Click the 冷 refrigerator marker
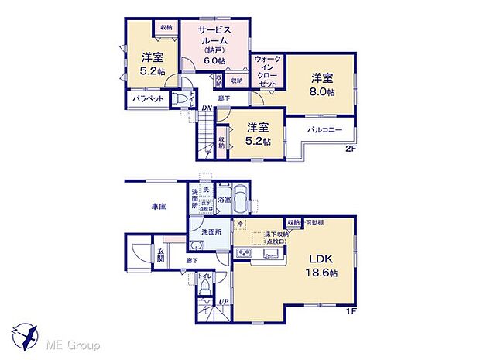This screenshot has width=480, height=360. point(240,224)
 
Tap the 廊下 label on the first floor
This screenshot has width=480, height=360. point(190,261)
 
